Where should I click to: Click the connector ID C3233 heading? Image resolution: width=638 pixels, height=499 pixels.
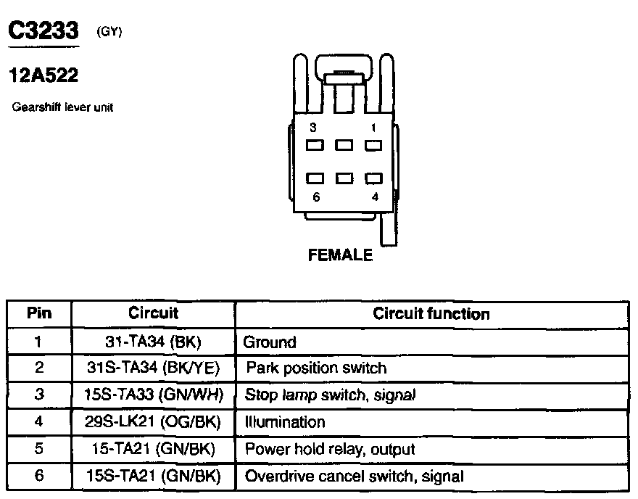(43, 33)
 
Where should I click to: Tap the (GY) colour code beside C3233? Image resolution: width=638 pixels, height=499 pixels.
(109, 33)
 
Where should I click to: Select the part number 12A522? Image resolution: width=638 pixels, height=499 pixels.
(43, 75)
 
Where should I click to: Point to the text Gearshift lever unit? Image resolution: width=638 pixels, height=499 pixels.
(62, 107)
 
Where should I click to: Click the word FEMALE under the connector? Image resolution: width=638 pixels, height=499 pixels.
(341, 255)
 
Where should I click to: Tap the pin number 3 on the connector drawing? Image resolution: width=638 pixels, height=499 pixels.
(313, 128)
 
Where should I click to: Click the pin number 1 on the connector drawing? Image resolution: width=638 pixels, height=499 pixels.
(374, 128)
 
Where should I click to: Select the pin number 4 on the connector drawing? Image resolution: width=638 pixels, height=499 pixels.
(374, 196)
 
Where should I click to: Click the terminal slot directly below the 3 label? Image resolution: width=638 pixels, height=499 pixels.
(315, 145)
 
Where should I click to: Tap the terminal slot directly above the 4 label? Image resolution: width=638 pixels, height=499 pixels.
(373, 178)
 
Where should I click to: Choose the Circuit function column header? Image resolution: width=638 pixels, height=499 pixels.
(431, 314)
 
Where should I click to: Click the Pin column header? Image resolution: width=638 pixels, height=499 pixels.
(39, 314)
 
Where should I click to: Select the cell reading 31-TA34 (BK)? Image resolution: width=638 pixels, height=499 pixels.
(153, 342)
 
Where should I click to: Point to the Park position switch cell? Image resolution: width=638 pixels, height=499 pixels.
(316, 368)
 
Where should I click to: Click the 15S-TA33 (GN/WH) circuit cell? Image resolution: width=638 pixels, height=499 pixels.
(153, 395)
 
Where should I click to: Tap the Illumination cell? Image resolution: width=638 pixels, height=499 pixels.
(285, 422)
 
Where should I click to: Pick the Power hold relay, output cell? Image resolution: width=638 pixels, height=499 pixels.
(330, 449)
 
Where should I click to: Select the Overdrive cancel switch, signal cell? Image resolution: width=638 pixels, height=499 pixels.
(355, 477)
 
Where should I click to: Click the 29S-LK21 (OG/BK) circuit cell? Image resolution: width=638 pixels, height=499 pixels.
(153, 422)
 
